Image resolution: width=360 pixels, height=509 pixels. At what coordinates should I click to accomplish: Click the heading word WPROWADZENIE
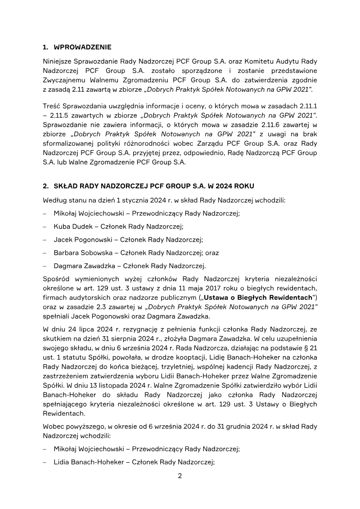point(82,47)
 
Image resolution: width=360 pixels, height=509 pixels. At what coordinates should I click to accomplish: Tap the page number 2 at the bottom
point(180,477)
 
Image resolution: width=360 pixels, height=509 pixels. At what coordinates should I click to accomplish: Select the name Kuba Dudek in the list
point(70,226)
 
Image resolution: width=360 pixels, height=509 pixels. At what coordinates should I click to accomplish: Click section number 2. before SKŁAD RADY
point(45,185)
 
